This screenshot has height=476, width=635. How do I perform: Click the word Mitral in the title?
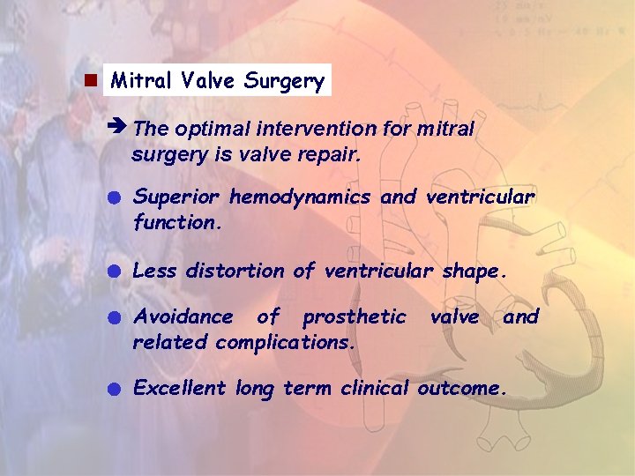pyautogui.click(x=142, y=81)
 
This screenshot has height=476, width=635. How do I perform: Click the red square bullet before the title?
pyautogui.click(x=89, y=81)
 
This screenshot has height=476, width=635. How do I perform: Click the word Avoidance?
pyautogui.click(x=183, y=316)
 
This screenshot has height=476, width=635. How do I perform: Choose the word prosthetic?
pyautogui.click(x=355, y=316)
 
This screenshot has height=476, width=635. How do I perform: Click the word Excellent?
pyautogui.click(x=180, y=387)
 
